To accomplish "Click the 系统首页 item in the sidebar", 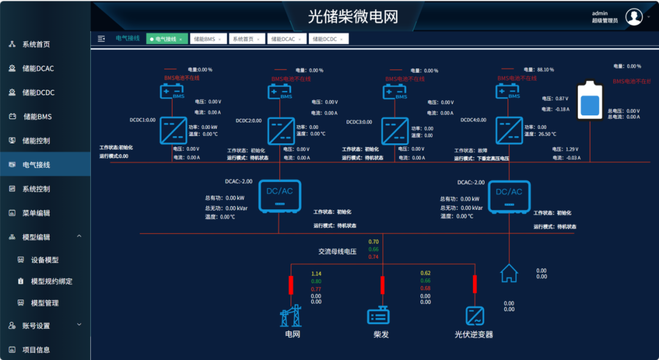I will [36, 45].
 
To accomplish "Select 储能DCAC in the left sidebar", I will [38, 68].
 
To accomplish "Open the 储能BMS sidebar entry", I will [37, 117].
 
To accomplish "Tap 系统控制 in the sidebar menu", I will [36, 189].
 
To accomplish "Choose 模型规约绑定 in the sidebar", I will [51, 281].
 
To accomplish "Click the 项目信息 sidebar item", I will [36, 350].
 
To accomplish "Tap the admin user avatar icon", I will [635, 17].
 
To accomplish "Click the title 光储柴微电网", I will [353, 16].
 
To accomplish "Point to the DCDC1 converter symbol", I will [174, 130].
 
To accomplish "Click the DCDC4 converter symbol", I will [508, 130].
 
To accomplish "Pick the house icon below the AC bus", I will [509, 273].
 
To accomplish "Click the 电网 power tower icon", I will [290, 316].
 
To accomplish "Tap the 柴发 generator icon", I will [378, 316].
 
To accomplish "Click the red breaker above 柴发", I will [383, 285].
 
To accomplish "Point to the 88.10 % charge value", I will [546, 70].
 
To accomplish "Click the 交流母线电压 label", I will [337, 251].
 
